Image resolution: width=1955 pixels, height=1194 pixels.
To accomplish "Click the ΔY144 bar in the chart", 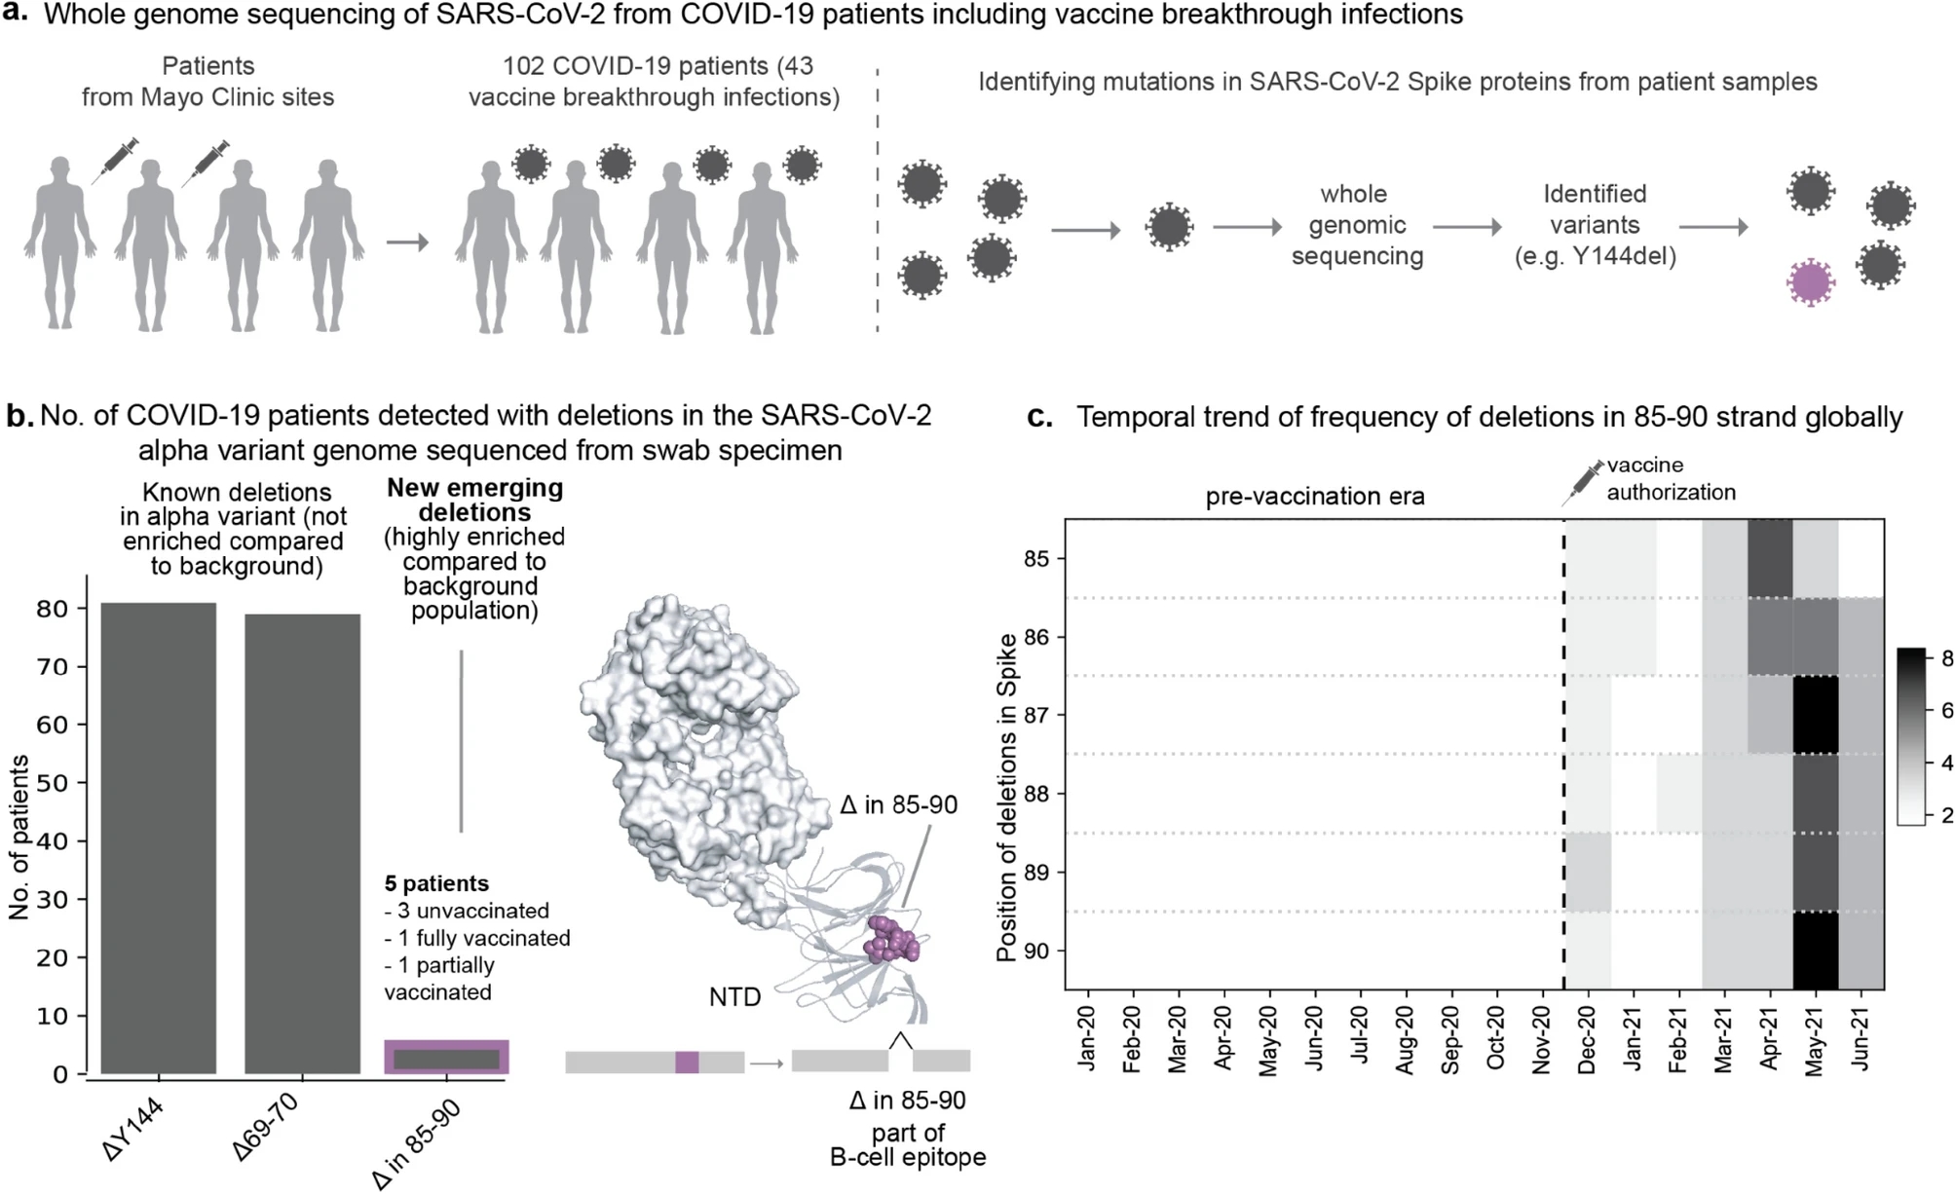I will tap(158, 838).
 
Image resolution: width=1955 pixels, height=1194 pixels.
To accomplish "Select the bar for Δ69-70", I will tap(302, 843).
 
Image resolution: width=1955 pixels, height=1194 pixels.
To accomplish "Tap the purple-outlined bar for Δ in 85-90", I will tap(446, 1057).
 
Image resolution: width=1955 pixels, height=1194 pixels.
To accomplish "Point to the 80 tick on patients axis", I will tap(53, 609).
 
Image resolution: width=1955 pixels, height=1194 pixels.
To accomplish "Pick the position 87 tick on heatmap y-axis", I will tap(1036, 716).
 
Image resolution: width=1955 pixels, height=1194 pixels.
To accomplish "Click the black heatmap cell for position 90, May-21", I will tap(1815, 951).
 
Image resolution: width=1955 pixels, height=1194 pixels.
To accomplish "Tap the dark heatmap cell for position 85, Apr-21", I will tap(1770, 559).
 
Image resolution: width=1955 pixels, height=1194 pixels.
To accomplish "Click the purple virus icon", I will tap(1809, 283).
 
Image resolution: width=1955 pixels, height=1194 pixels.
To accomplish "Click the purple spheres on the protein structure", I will tap(892, 941).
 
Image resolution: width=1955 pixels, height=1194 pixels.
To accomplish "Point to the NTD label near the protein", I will tap(734, 997).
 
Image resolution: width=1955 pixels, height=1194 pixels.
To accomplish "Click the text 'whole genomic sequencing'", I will tap(1357, 225).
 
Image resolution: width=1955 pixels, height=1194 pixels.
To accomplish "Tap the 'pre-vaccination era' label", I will tap(1314, 497).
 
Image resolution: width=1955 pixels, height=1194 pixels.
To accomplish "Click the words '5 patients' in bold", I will tap(436, 884).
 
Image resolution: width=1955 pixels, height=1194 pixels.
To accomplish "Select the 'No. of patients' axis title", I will tap(19, 838).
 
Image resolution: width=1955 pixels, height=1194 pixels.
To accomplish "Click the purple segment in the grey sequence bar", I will tap(687, 1062).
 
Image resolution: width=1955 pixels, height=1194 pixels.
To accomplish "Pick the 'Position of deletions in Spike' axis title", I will tap(1007, 797).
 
